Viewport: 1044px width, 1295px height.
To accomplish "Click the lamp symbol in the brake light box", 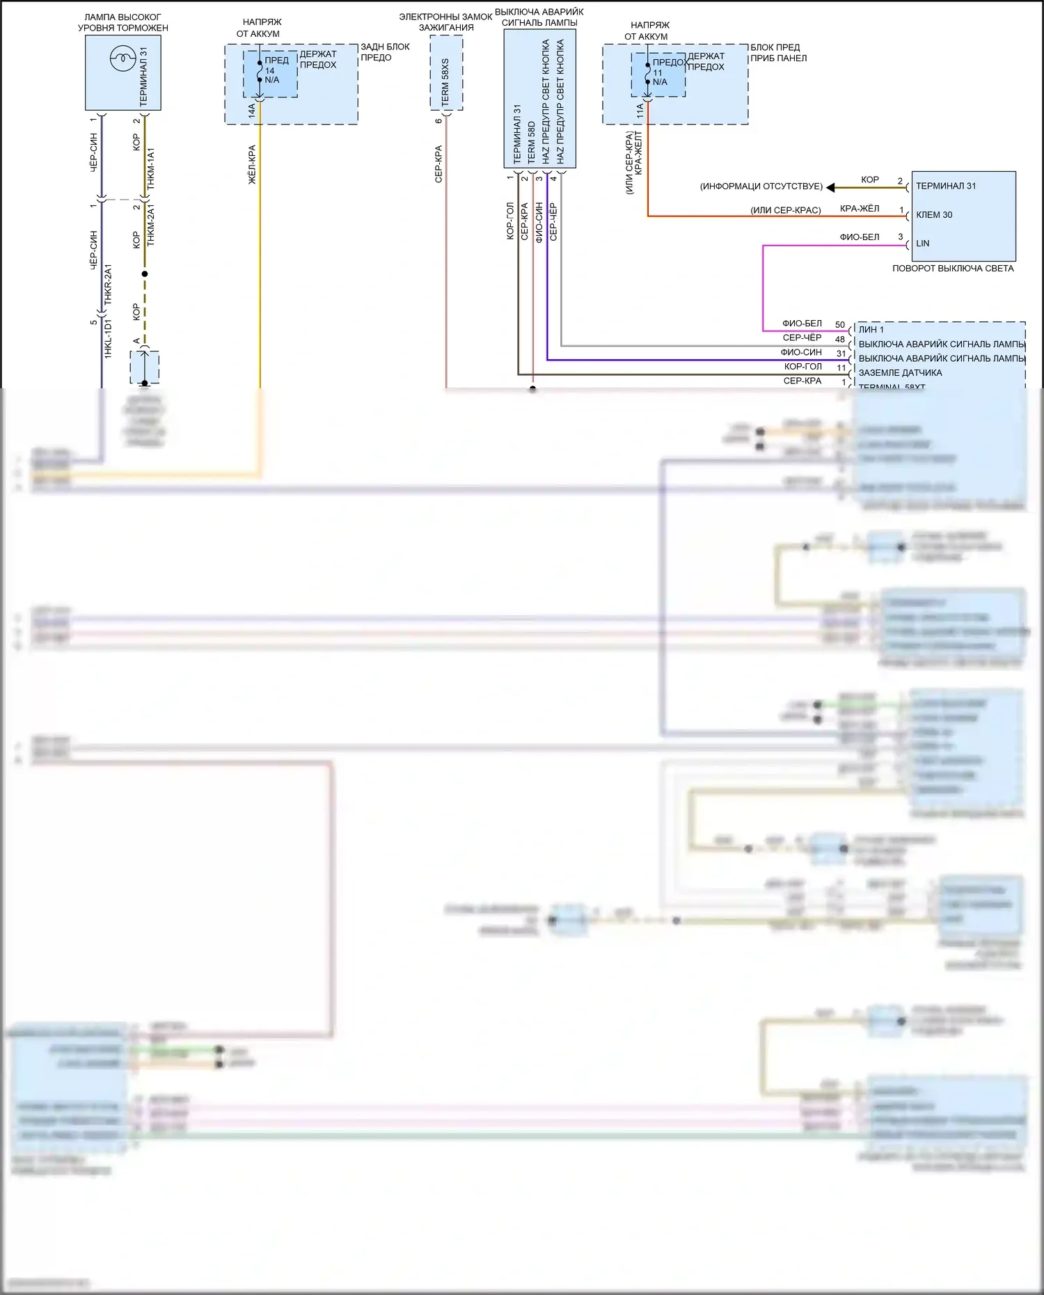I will pos(122,58).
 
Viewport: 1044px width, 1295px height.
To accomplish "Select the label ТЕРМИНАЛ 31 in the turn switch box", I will pos(945,186).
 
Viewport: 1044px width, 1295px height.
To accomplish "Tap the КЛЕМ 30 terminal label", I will pos(934,215).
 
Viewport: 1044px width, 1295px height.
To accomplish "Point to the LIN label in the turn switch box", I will pos(922,244).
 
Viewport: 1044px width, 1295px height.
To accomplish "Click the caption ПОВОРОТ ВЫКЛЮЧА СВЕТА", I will pos(952,269).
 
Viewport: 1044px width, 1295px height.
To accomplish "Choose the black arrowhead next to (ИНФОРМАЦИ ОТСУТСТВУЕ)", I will pos(830,187).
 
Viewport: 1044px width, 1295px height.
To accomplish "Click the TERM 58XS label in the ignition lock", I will pos(445,82).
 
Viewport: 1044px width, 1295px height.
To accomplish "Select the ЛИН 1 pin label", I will pos(871,330).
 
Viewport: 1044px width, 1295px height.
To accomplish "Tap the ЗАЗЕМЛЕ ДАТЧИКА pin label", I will pos(900,373).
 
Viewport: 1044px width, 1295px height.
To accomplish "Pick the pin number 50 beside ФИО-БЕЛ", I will pos(840,325).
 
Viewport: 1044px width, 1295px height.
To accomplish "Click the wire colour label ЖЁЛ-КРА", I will pos(252,164).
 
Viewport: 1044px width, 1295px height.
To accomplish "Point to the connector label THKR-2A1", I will pos(108,284).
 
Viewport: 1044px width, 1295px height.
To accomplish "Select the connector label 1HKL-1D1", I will pos(108,339).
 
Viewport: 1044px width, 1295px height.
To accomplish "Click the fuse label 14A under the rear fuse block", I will pos(252,111).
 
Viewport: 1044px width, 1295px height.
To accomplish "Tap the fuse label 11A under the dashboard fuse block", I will pos(640,110).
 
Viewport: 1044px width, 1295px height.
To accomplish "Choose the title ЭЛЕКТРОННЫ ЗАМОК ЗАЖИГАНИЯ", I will pos(445,22).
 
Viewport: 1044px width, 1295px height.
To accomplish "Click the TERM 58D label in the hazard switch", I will pos(531,143).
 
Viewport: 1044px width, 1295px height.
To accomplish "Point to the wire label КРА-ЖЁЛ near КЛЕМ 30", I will pos(859,209).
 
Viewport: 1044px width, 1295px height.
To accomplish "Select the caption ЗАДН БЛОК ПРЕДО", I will pos(385,52).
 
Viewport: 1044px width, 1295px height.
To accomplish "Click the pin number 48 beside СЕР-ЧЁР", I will pos(840,340).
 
